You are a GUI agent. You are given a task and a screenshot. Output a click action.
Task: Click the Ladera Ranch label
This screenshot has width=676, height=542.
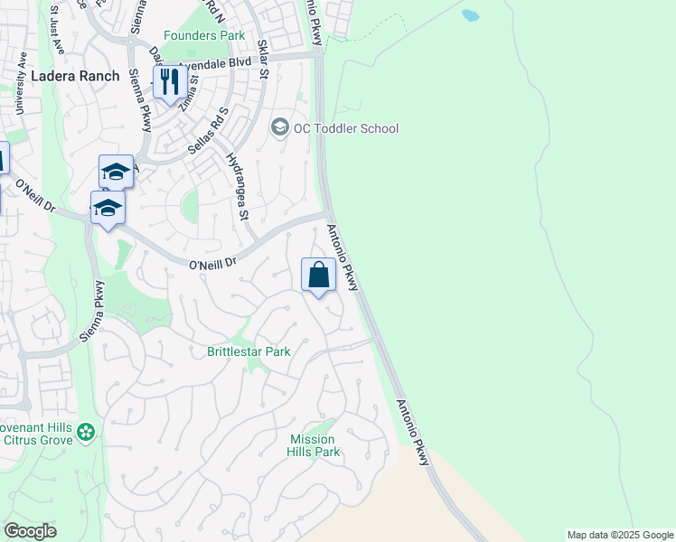(75, 76)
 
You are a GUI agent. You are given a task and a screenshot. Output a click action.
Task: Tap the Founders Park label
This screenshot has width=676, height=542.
(205, 35)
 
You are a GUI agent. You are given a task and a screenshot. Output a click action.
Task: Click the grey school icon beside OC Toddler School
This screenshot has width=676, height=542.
(280, 128)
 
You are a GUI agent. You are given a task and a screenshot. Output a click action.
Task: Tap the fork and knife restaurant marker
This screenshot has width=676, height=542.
(169, 82)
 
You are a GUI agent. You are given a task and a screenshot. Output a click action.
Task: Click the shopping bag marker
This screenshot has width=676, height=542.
(318, 274)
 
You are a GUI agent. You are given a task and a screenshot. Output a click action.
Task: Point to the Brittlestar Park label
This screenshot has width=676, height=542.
(249, 351)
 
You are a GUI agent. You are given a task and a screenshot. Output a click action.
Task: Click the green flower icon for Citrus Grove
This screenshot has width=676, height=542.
(86, 434)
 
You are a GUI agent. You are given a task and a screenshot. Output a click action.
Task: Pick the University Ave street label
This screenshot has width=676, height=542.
(22, 83)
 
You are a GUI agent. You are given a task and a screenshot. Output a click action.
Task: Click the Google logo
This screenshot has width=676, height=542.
(30, 531)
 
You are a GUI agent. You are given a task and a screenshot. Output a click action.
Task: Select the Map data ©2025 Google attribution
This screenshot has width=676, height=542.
(620, 535)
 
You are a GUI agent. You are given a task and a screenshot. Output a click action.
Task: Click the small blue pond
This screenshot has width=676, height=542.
(470, 15)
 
